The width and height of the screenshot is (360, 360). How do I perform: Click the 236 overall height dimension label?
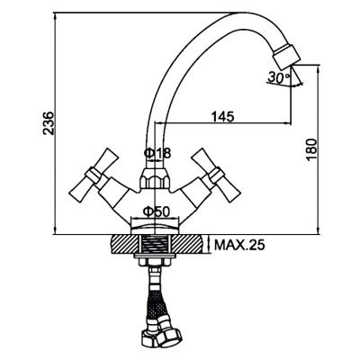[49, 123]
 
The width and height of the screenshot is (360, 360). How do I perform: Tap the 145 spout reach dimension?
[222, 117]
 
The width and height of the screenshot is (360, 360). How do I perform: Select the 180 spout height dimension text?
[311, 150]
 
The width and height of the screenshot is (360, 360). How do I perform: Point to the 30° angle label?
[279, 77]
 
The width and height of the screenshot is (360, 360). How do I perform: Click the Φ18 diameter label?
[157, 153]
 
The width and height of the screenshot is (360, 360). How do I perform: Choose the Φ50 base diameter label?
[157, 212]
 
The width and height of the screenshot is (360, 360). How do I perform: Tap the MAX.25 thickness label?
[239, 246]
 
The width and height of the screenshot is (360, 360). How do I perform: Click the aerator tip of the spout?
[286, 56]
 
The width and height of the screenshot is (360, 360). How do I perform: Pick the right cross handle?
[217, 175]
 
